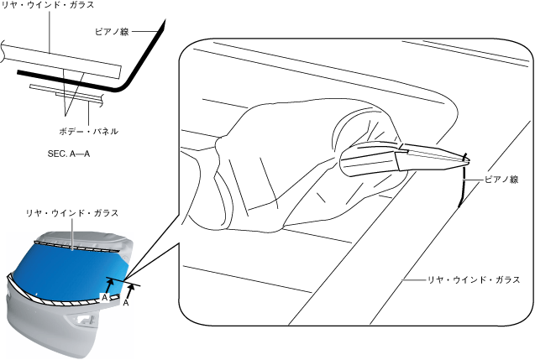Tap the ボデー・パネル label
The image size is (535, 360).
[x=88, y=131]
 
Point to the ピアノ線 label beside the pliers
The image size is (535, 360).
[x=501, y=180]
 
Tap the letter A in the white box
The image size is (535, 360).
[x=104, y=297]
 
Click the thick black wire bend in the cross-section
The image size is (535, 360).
[x=126, y=84]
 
